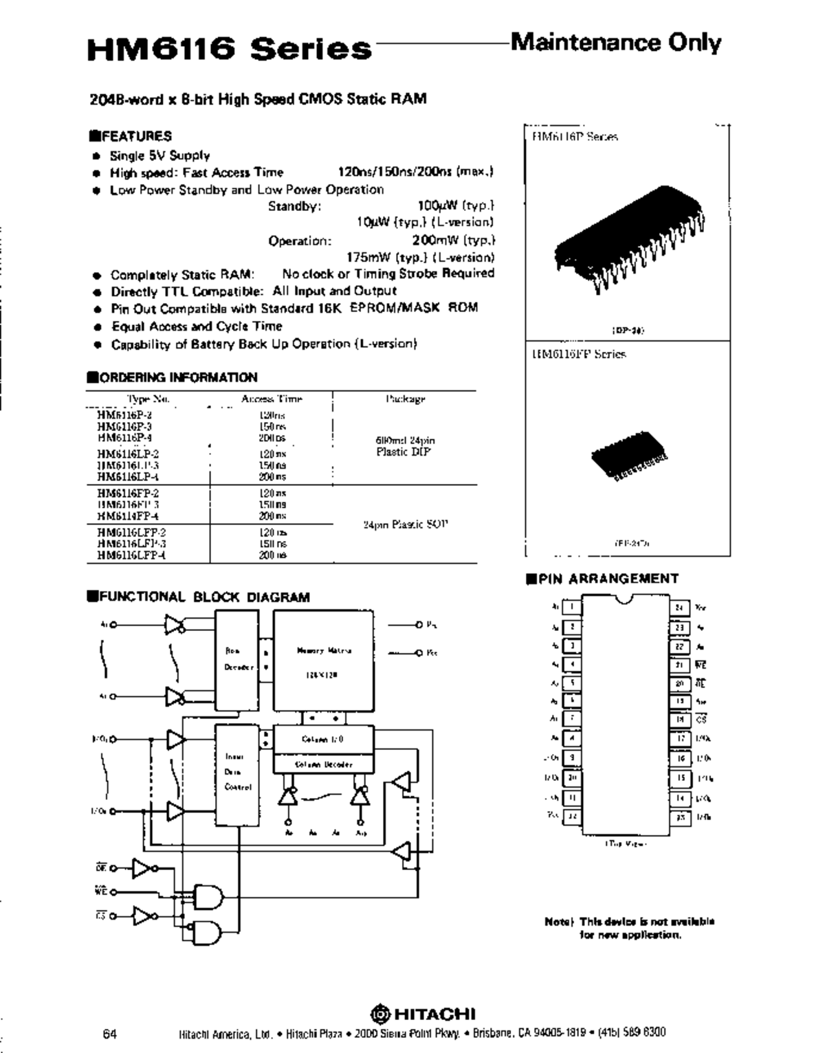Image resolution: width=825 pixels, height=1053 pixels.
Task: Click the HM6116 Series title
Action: pos(229,49)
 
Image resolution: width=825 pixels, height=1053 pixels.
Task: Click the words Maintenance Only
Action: pos(615,43)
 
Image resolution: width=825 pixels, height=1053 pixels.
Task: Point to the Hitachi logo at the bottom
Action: pos(423,1014)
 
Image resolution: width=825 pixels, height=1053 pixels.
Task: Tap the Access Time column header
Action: pos(272,399)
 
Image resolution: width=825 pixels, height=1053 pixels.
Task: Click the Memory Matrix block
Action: pos(323,661)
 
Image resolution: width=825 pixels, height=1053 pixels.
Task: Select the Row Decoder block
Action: pos(236,659)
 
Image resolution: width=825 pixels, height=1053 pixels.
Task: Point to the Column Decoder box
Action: pos(324,764)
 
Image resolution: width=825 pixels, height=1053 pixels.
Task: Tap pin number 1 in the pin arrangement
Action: pos(571,607)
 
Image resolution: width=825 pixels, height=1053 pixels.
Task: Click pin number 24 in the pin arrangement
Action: pos(679,608)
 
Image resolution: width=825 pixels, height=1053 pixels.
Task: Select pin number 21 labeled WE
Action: pos(679,665)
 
